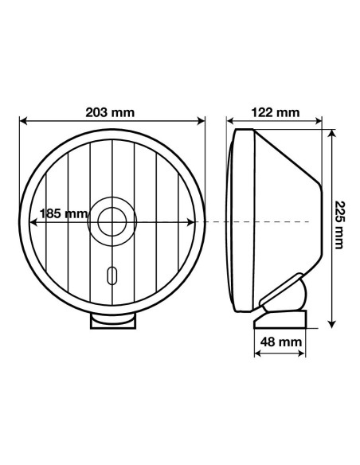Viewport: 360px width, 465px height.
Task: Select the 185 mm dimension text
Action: point(64,213)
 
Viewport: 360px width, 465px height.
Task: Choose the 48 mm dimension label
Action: point(280,341)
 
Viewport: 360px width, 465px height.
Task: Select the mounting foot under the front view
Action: point(113,320)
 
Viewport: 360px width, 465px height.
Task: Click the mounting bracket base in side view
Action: point(280,318)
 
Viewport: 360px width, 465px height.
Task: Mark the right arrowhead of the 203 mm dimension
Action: point(202,122)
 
